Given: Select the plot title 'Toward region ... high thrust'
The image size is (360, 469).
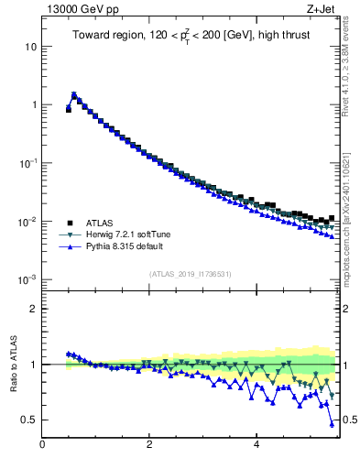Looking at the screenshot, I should [x=190, y=37].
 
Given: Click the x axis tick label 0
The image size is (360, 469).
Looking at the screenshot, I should [x=42, y=445].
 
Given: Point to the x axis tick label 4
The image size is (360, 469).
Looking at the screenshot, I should [x=256, y=445].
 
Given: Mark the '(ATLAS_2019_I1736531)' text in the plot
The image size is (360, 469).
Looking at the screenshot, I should [x=190, y=274].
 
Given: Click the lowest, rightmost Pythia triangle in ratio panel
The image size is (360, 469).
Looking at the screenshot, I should [x=332, y=424].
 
